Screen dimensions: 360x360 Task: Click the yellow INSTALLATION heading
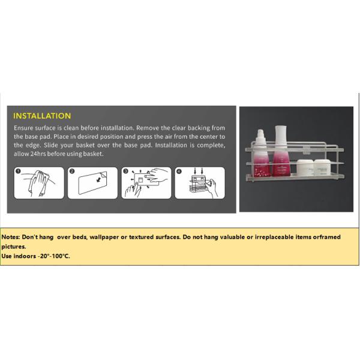click(42, 116)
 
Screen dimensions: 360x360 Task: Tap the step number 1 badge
click(18, 171)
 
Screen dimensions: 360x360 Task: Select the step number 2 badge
click(72, 171)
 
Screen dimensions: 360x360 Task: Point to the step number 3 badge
click(125, 171)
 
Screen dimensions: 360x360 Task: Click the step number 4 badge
click(179, 171)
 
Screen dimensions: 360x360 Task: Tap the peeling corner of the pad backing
click(104, 175)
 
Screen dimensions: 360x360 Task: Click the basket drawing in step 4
click(198, 184)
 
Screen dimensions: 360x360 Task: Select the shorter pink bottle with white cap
click(261, 153)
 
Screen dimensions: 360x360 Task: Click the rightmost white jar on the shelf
click(322, 168)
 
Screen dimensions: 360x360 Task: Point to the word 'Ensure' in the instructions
click(23, 128)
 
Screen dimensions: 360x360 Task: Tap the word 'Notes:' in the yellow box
click(11, 237)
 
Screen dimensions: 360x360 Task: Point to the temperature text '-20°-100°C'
click(54, 256)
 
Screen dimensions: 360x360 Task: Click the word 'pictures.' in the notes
click(14, 247)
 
